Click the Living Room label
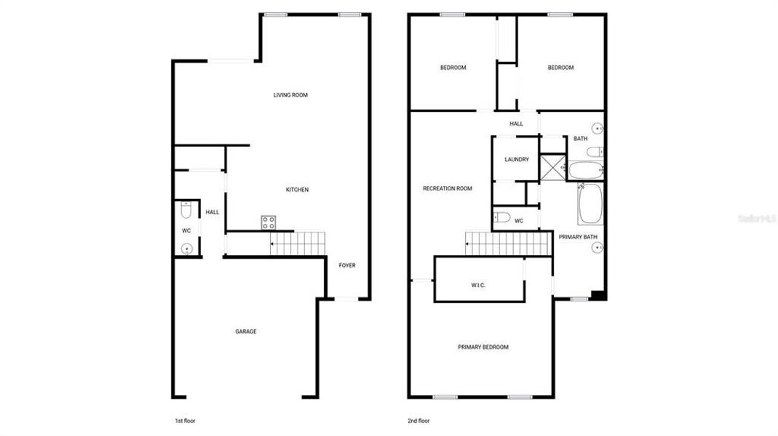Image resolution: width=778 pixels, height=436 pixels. pyautogui.click(x=290, y=94)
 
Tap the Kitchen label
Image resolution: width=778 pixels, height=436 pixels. pyautogui.click(x=296, y=190)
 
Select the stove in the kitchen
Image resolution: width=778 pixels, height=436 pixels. pyautogui.click(x=269, y=222)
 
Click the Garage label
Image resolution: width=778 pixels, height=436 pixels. pyautogui.click(x=245, y=331)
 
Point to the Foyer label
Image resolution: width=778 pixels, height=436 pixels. pyautogui.click(x=347, y=265)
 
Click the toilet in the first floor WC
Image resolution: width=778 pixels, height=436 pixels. pyautogui.click(x=186, y=211)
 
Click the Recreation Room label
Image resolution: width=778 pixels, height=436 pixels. pyautogui.click(x=448, y=189)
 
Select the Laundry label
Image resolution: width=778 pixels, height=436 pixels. pyautogui.click(x=517, y=160)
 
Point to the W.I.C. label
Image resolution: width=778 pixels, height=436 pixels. pyautogui.click(x=478, y=285)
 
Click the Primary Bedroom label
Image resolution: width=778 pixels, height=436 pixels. pyautogui.click(x=483, y=347)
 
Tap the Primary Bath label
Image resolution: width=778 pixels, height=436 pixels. pyautogui.click(x=578, y=237)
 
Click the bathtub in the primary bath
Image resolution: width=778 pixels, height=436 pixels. pyautogui.click(x=590, y=203)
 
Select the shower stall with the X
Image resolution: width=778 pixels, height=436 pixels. pyautogui.click(x=555, y=166)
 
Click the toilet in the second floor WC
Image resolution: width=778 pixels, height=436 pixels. pyautogui.click(x=501, y=217)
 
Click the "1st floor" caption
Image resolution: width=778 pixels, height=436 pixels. pyautogui.click(x=185, y=421)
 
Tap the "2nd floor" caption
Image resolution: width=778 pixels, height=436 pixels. pyautogui.click(x=418, y=421)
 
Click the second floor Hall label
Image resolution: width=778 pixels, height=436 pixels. pyautogui.click(x=516, y=124)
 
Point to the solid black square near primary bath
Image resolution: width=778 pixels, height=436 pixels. pyautogui.click(x=597, y=295)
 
